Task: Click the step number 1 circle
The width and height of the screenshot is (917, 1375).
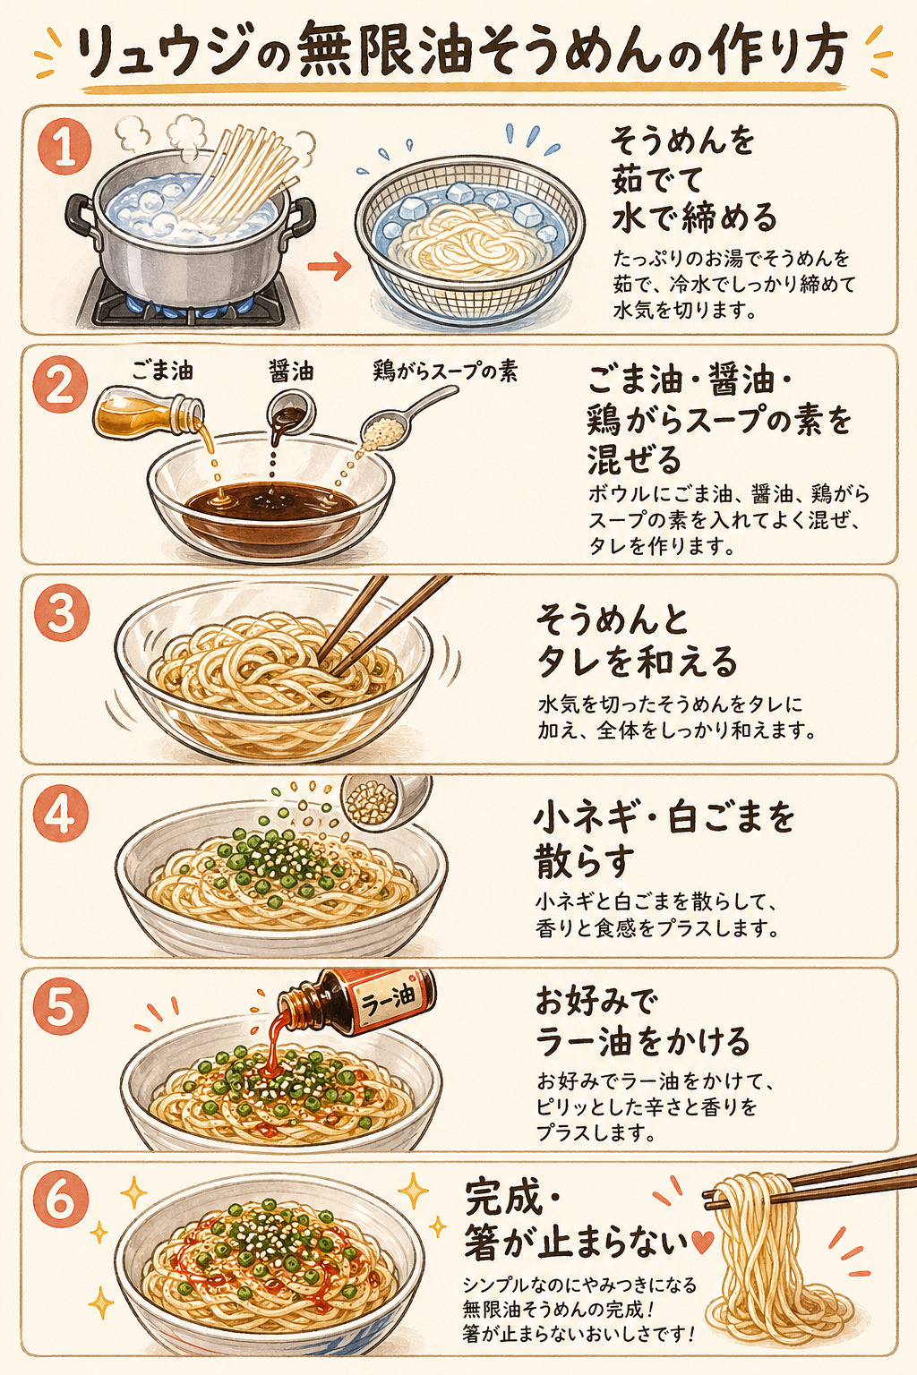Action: (x=64, y=149)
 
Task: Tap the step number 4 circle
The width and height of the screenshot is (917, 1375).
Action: (x=60, y=816)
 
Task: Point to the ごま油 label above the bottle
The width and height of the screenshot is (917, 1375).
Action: (x=162, y=370)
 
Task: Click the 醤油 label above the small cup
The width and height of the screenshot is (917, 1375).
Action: (x=291, y=370)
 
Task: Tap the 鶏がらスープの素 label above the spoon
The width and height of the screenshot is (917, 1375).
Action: (x=445, y=371)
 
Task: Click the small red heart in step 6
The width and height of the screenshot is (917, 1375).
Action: (x=703, y=1242)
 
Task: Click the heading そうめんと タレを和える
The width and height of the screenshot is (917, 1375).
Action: (x=637, y=641)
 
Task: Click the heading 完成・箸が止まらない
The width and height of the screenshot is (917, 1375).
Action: (x=573, y=1220)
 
